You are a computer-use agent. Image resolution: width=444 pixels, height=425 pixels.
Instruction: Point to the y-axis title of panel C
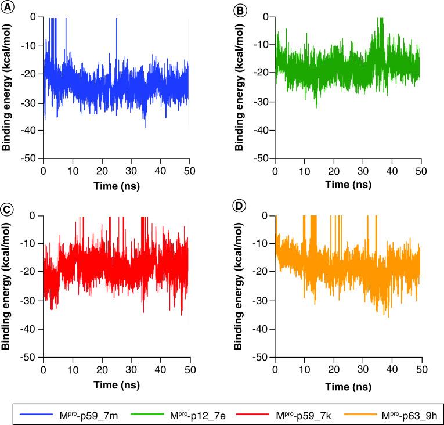6,286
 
